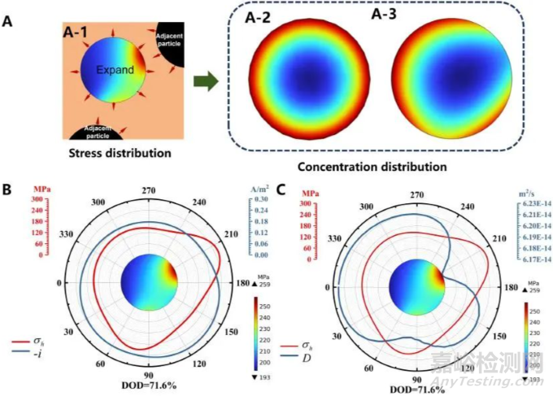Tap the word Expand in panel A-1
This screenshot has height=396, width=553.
[115, 71]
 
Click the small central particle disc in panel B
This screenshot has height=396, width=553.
[150, 284]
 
